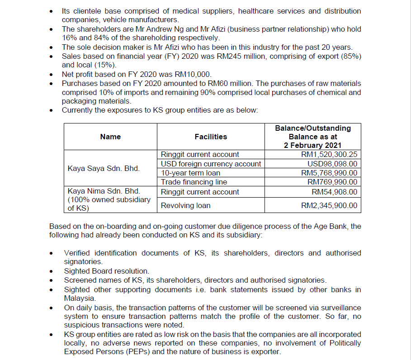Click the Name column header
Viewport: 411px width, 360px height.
click(110, 137)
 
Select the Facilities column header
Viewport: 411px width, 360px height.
click(211, 137)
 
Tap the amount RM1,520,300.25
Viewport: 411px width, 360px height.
click(329, 155)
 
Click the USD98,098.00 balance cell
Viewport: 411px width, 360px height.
click(332, 164)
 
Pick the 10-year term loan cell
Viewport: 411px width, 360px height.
click(191, 173)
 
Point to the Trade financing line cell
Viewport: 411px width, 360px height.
click(194, 182)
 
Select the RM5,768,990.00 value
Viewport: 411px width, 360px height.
click(329, 173)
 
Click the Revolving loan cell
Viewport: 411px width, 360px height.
click(185, 205)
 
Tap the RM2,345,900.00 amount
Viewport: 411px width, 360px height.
click(329, 205)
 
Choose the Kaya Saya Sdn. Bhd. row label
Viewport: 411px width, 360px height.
click(104, 169)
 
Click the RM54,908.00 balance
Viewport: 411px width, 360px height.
click(335, 192)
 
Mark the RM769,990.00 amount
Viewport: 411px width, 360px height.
click(332, 182)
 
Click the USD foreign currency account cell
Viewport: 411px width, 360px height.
click(211, 164)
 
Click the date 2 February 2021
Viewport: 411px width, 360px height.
click(313, 145)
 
